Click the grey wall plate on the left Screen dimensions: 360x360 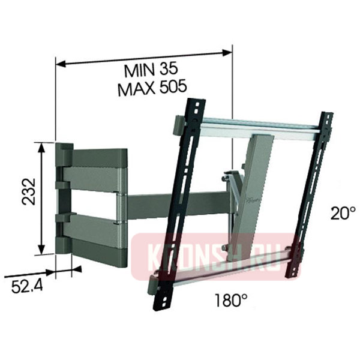[62, 198]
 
